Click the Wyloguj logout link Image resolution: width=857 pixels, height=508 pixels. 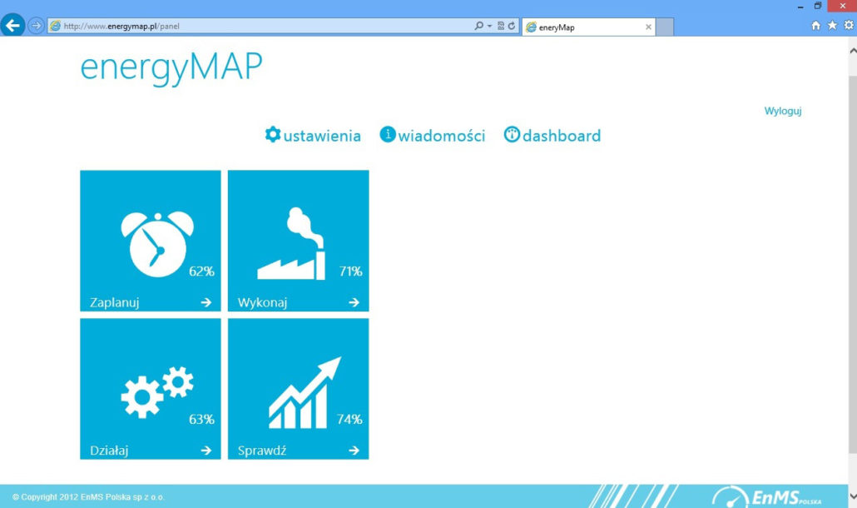pyautogui.click(x=783, y=111)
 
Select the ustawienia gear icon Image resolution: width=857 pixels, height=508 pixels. pyautogui.click(x=273, y=135)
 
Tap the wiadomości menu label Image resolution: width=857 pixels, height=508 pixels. pyautogui.click(x=442, y=136)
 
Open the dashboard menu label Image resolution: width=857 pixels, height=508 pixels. pyautogui.click(x=562, y=136)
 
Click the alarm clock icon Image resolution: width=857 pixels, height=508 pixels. pyautogui.click(x=157, y=245)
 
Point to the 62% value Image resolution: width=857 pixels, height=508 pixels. pyautogui.click(x=201, y=271)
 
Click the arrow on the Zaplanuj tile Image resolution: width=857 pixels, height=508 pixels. pyautogui.click(x=206, y=302)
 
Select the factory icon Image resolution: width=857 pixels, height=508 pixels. pyautogui.click(x=292, y=244)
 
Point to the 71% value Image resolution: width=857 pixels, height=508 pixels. pyautogui.click(x=350, y=271)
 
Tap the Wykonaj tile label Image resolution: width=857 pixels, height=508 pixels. pyautogui.click(x=262, y=302)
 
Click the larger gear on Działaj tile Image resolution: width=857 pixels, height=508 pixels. pyautogui.click(x=141, y=397)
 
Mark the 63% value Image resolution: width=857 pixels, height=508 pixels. pyautogui.click(x=201, y=420)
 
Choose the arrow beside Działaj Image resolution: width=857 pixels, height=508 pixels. pyautogui.click(x=206, y=451)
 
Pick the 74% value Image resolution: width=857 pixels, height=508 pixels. pyautogui.click(x=349, y=420)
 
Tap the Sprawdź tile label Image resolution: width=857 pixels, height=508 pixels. pyautogui.click(x=262, y=451)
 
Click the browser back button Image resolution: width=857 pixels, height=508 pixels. pyautogui.click(x=12, y=25)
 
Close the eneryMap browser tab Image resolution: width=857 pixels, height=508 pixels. pyautogui.click(x=648, y=27)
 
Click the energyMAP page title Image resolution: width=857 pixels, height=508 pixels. pyautogui.click(x=171, y=67)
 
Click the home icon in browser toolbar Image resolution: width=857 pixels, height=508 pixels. pyautogui.click(x=815, y=25)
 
